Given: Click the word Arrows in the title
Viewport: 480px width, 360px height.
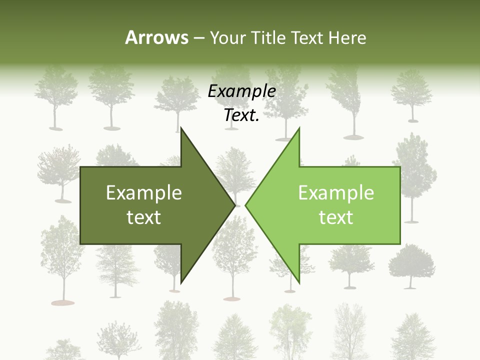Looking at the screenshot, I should point(156,37).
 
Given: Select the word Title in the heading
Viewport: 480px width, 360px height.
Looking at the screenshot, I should point(269,37).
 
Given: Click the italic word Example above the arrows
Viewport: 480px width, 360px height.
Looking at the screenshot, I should point(242,91).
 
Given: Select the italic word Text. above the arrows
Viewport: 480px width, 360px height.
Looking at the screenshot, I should point(242,115).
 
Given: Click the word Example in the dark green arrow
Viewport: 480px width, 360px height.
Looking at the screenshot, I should point(144,193).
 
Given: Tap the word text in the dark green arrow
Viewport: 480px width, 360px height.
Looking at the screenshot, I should point(144,217).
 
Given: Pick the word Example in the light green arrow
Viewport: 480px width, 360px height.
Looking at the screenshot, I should point(336,193).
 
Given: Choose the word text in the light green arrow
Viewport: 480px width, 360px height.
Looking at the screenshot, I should point(336,217).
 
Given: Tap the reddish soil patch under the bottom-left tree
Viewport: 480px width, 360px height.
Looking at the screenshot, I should point(62,302).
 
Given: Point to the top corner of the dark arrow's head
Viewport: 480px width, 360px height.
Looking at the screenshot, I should point(181,129).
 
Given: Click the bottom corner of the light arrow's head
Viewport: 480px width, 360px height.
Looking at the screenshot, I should point(299,282).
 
